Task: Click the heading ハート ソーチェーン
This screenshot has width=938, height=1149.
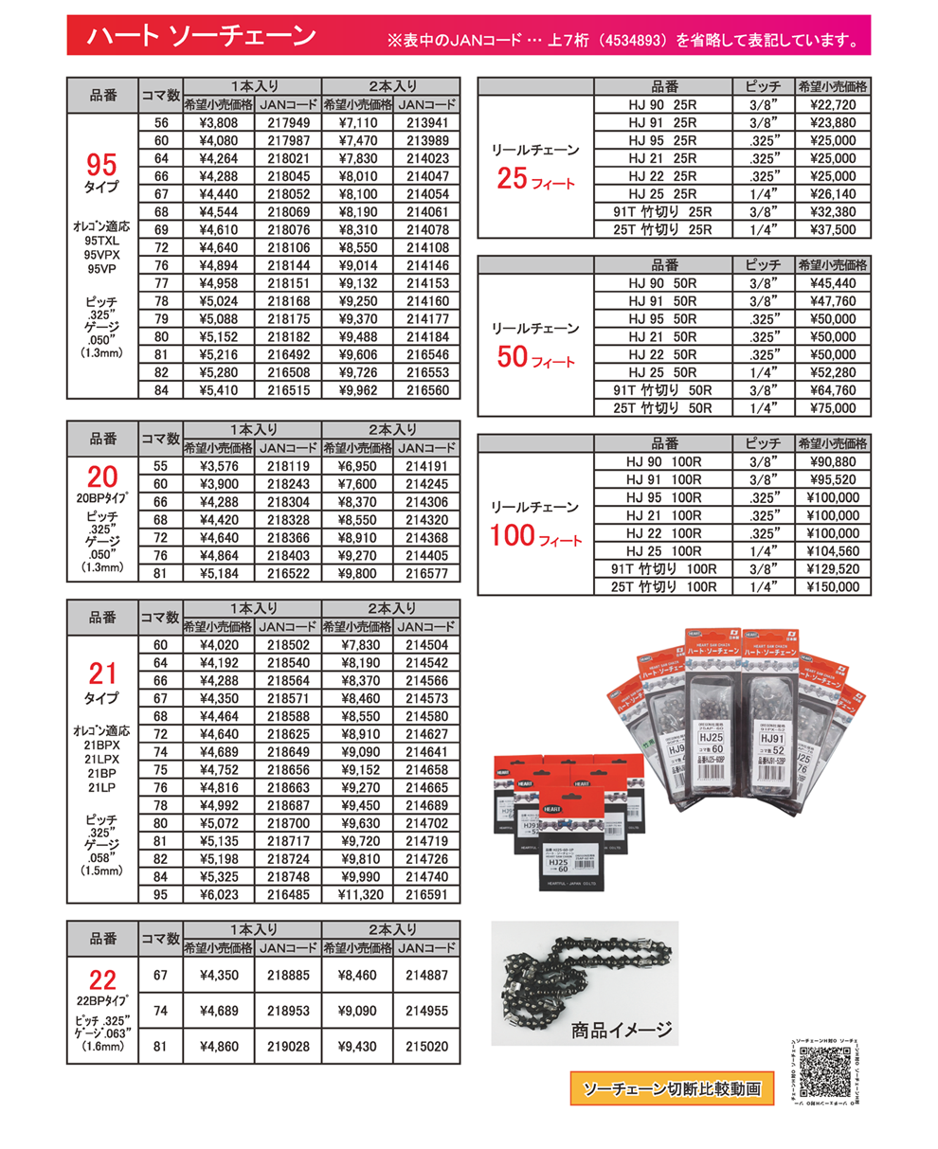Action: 200,37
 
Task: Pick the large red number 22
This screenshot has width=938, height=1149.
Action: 101,979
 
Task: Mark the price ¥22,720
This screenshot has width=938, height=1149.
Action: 833,104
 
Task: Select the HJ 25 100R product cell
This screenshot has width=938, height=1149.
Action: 663,551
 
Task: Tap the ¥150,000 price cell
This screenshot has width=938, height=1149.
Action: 833,587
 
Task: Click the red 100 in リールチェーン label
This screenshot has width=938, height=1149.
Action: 514,537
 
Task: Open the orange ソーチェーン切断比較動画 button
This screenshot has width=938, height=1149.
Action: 671,1088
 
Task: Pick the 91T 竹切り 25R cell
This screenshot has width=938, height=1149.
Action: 663,211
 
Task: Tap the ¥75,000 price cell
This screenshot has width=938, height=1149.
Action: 833,408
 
